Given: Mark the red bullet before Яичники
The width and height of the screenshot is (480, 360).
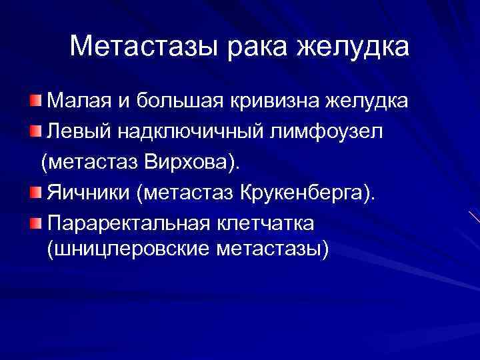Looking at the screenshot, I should click(35, 192).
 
